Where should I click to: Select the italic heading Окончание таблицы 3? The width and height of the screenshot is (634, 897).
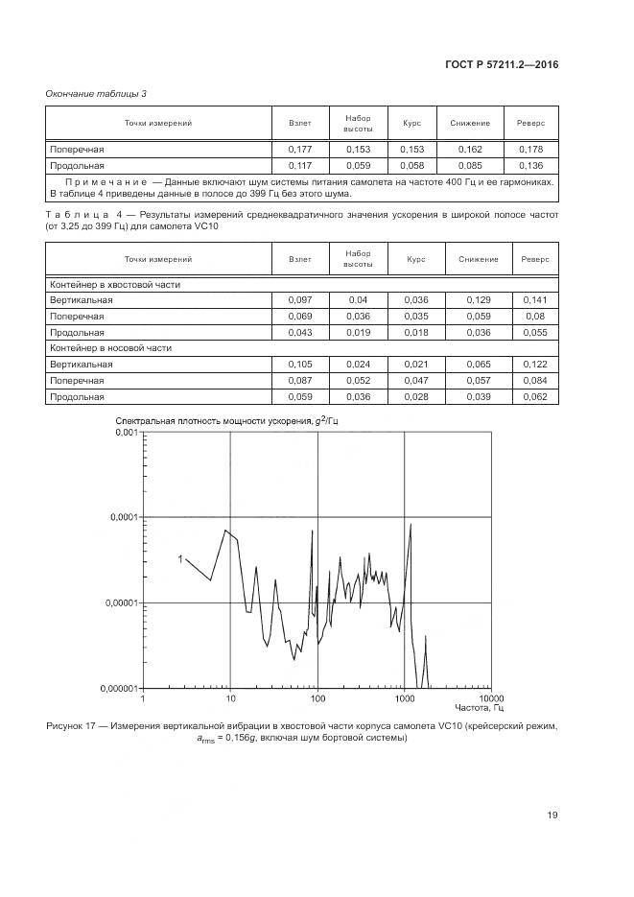[96, 93]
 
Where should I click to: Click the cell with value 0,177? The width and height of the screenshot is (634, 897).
[299, 150]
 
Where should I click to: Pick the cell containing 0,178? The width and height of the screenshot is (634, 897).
[530, 150]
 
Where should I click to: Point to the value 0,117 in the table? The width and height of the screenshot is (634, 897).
[299, 165]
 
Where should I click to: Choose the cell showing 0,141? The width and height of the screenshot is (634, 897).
[534, 299]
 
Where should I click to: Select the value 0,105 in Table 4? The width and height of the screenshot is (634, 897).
[299, 365]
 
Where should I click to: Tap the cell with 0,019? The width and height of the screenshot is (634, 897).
[358, 331]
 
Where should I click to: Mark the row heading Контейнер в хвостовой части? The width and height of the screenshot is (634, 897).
[115, 284]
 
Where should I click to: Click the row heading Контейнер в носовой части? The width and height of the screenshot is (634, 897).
[111, 348]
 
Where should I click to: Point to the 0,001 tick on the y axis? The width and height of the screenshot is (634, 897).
[127, 433]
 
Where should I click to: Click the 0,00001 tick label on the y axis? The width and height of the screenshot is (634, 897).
[121, 603]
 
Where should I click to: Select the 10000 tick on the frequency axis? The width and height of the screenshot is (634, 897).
[491, 698]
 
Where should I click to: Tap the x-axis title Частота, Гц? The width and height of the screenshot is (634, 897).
[482, 709]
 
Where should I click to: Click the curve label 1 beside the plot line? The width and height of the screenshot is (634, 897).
[179, 557]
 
